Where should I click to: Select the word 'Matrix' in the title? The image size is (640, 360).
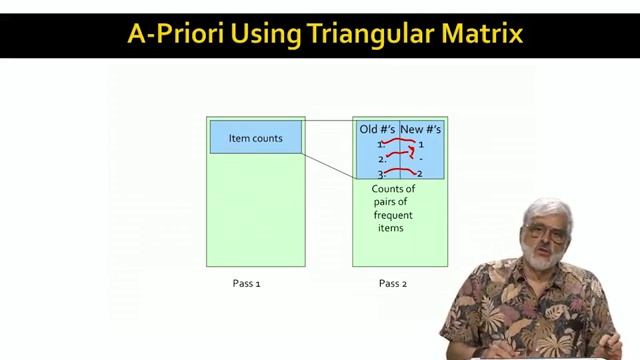coord(479,34)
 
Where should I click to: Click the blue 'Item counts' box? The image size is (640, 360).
coord(255,138)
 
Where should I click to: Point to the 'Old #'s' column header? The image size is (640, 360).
coord(378,129)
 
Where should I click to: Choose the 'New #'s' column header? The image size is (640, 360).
coord(421,129)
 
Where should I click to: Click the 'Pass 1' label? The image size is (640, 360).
coord(246,283)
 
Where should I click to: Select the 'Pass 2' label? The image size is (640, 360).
coord(393,283)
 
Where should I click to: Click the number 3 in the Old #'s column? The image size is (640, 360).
coord(381,175)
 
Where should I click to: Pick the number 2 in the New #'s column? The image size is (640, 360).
coord(420,174)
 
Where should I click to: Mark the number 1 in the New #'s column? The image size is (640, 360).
coord(421,145)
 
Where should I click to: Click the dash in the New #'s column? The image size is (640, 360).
coord(421,159)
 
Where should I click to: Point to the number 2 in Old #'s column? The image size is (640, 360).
coord(381,159)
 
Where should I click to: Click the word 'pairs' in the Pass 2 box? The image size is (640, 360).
coord(386,202)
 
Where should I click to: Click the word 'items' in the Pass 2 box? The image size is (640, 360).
coord(391,228)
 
